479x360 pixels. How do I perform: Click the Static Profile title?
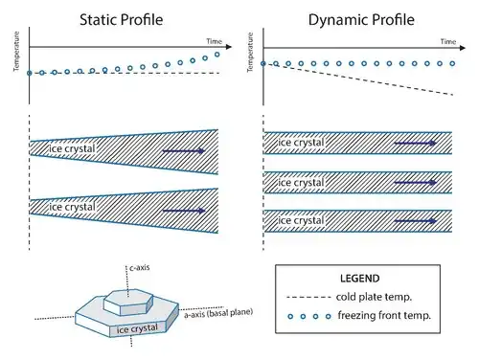point(122,20)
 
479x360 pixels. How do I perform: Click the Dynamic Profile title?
point(361,20)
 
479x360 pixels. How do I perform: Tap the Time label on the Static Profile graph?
point(214,41)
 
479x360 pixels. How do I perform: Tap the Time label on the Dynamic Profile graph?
point(448,41)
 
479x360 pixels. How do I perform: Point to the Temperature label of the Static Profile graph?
point(16,51)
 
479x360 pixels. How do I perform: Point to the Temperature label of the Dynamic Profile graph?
point(250,52)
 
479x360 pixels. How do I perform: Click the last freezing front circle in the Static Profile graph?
point(217,55)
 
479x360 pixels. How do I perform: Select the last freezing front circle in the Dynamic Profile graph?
point(452,63)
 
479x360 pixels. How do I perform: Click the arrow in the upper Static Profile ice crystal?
point(184,150)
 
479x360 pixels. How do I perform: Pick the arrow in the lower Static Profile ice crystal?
point(184,211)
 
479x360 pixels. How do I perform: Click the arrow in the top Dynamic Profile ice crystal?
point(416,143)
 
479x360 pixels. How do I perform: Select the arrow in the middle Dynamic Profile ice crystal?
point(416,183)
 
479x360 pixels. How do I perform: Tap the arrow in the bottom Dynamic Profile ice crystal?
point(416,221)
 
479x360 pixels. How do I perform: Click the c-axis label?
point(140,267)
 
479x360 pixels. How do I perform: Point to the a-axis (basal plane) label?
point(218,313)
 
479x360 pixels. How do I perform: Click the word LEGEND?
point(359,279)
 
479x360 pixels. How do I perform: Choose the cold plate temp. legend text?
point(374,297)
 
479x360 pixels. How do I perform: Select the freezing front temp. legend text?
point(384,316)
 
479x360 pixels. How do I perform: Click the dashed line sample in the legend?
point(308,297)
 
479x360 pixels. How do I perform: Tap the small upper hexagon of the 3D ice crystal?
point(128,303)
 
